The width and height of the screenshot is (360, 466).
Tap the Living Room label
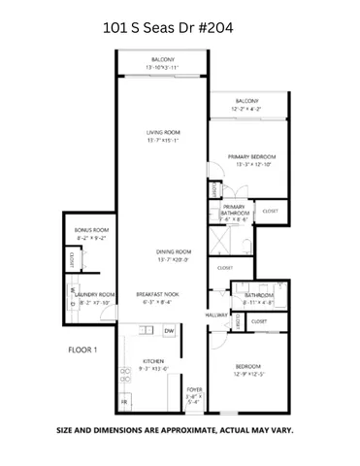point(162,134)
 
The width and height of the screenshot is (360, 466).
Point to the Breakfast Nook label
point(155,294)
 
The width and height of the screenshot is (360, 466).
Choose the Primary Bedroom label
point(252,156)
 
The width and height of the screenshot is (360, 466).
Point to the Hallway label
point(215,315)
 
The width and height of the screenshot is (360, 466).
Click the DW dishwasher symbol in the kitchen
point(168,331)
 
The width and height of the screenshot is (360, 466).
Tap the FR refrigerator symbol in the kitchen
point(123,400)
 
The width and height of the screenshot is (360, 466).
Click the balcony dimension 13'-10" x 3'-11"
point(162,67)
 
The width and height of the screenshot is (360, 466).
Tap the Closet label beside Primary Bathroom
point(270,210)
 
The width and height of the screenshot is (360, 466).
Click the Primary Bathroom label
point(234,209)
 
